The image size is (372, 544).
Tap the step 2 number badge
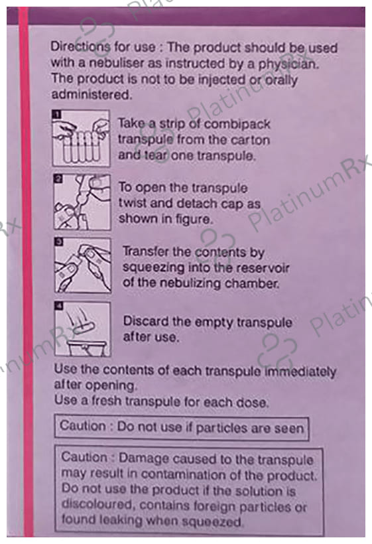[x=58, y=178]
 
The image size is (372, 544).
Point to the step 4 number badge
[x=60, y=306]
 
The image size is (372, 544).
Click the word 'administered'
[x=92, y=94]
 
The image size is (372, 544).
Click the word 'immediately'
[x=300, y=372]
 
